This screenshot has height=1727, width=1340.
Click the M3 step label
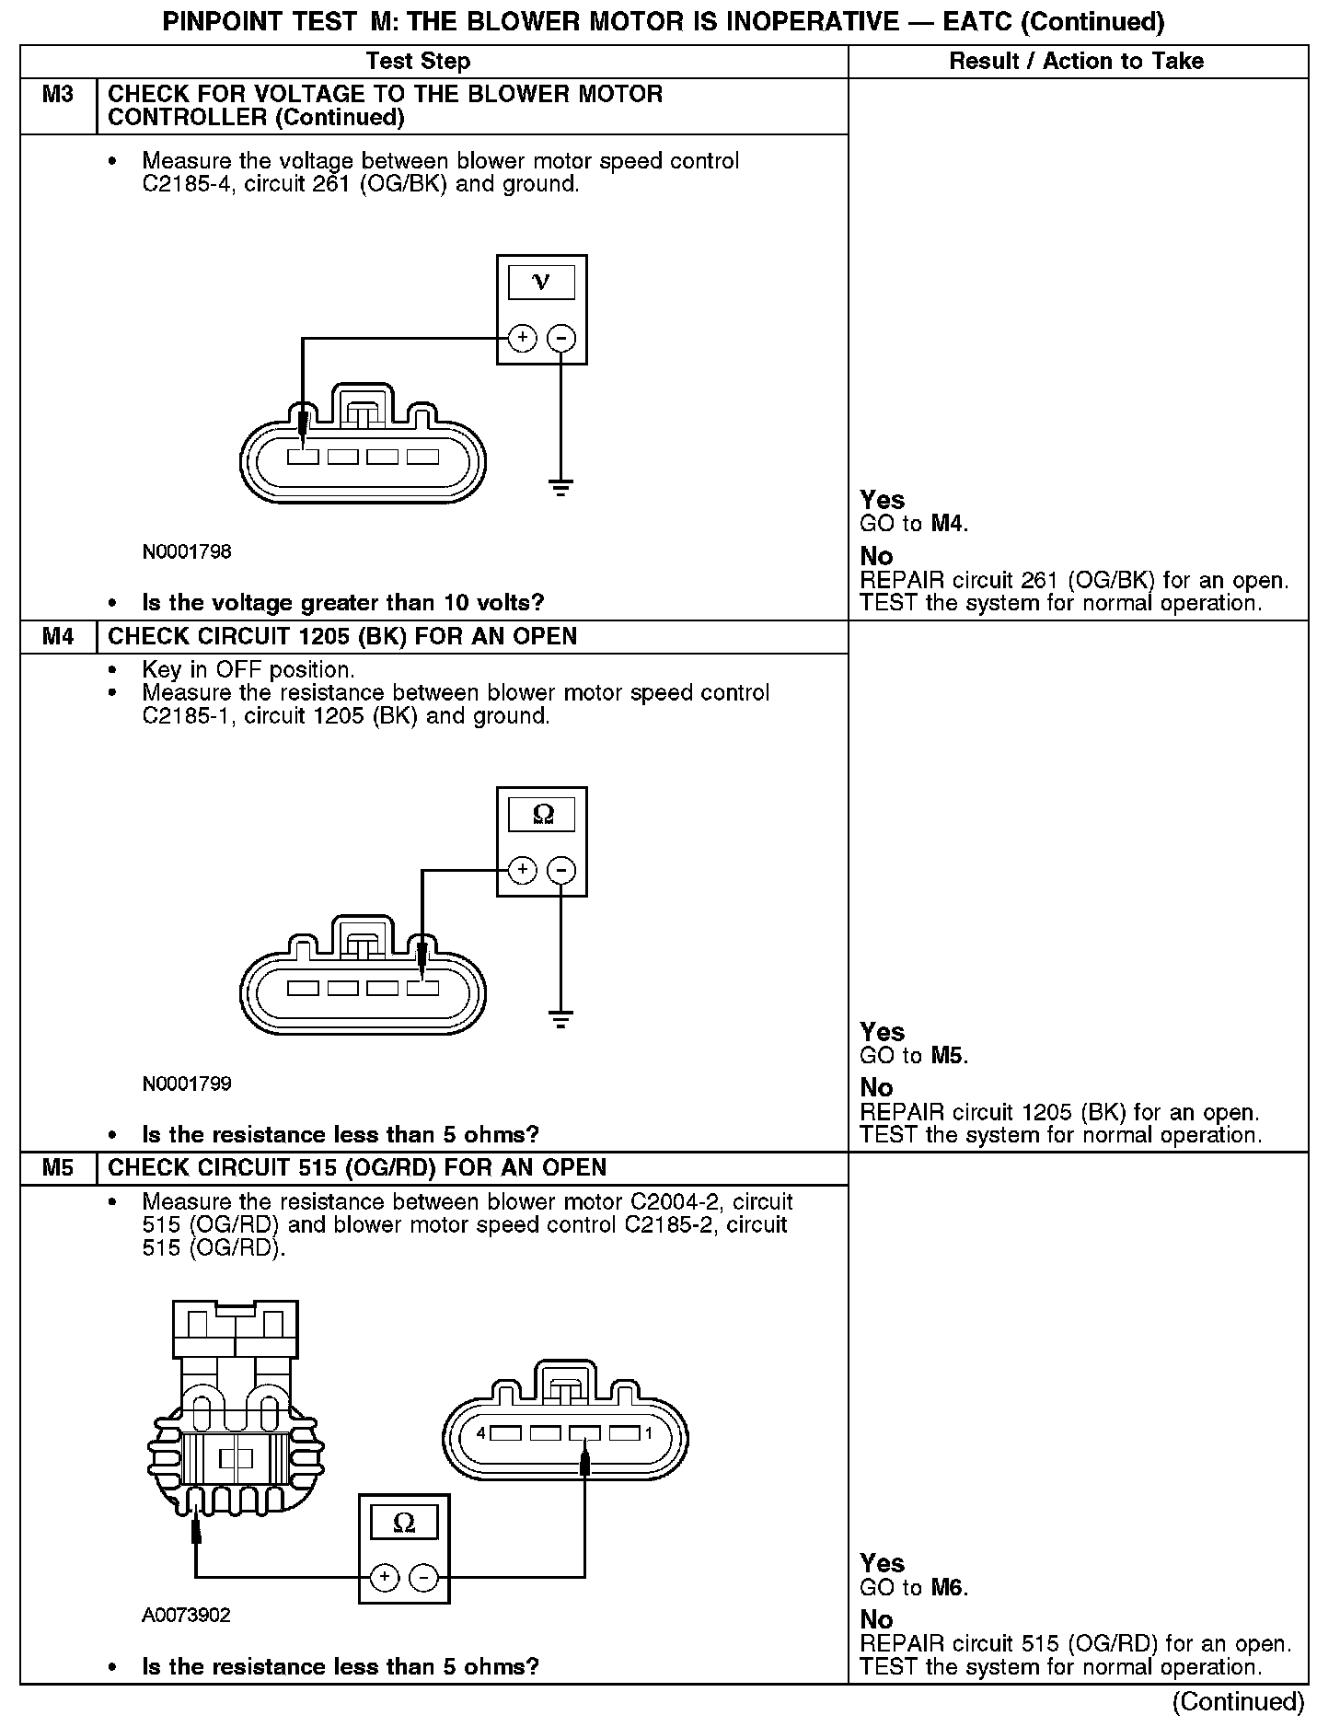coord(57,95)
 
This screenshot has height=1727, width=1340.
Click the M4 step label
coord(57,637)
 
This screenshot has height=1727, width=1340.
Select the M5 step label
coord(57,1168)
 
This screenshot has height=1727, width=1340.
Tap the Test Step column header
coord(418,62)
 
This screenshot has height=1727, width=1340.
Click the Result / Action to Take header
coord(1076,62)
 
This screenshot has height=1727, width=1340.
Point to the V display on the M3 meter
coord(541,283)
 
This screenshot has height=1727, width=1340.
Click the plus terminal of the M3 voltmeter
coord(522,339)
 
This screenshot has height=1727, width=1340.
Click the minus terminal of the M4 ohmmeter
coord(561,870)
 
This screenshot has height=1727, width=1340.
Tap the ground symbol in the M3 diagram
coord(560,487)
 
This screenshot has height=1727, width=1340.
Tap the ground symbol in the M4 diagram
coord(560,1018)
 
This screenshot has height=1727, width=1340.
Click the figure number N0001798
coord(187,552)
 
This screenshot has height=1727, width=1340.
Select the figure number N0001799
coord(187,1084)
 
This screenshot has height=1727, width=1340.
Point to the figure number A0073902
coord(187,1616)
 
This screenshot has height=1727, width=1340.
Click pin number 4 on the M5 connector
coord(481,1433)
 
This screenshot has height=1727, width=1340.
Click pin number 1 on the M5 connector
coord(649,1433)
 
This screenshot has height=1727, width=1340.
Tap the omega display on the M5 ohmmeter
coord(403,1524)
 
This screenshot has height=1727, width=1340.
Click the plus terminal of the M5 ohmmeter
coord(384,1579)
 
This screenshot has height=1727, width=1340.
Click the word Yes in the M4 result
coord(882,1032)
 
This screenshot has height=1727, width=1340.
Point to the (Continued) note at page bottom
coord(1238,1702)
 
